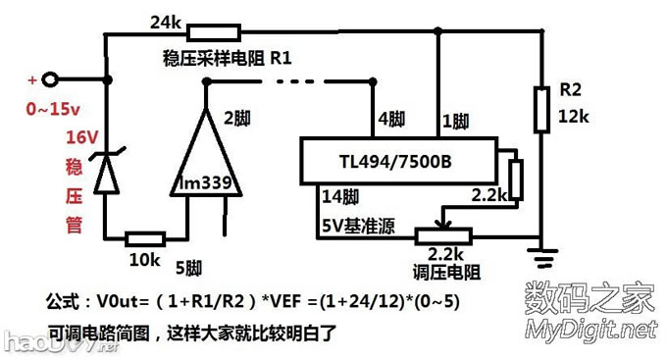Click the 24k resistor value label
[x=164, y=21]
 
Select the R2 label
[x=570, y=90]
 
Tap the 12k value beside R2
[x=573, y=117]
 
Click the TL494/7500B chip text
[x=394, y=160]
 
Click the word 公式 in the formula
[x=66, y=300]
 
